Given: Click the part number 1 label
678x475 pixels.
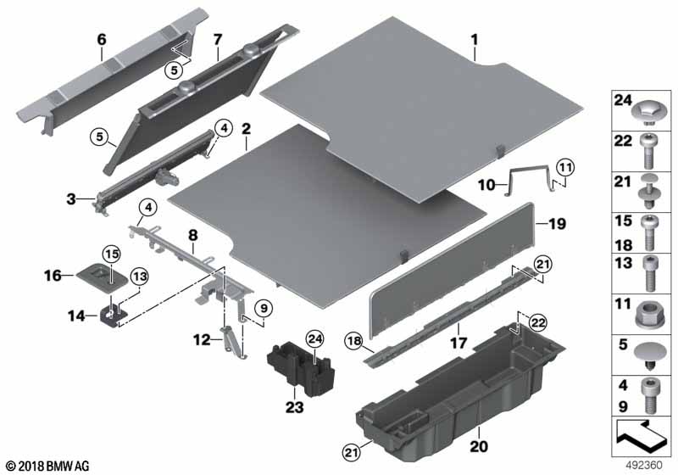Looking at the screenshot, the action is click(x=475, y=40).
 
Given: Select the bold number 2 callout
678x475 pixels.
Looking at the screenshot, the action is click(x=246, y=129).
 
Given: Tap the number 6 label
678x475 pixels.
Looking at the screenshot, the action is click(x=101, y=40).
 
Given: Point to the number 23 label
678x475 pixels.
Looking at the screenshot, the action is click(x=294, y=407).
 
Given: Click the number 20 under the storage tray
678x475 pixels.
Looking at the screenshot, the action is click(x=479, y=446).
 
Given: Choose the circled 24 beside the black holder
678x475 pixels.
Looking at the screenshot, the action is click(x=314, y=339).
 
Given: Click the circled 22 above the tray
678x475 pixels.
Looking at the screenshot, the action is click(x=537, y=322).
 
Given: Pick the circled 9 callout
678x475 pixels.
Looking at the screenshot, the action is click(x=264, y=309).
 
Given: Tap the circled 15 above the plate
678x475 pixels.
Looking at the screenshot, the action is click(x=112, y=254).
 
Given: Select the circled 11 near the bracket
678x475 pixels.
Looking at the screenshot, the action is click(x=565, y=167).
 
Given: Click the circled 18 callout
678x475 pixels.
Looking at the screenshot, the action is click(x=353, y=341).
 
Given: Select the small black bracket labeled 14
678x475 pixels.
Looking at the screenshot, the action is click(x=111, y=315).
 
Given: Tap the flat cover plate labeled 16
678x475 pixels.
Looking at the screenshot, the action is click(x=103, y=276).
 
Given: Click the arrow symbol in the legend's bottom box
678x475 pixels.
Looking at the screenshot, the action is click(x=639, y=435).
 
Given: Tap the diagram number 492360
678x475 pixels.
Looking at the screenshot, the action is click(x=644, y=466).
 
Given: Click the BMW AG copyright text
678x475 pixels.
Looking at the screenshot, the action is click(x=48, y=467).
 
